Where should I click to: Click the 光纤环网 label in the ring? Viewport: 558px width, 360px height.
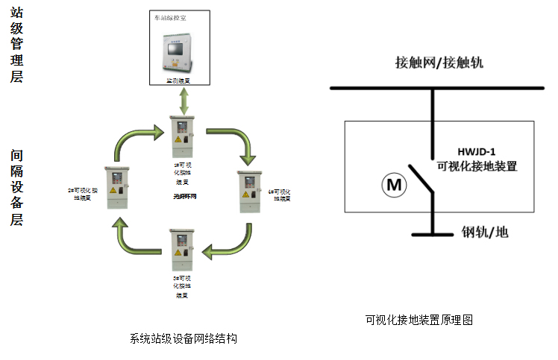point(183,196)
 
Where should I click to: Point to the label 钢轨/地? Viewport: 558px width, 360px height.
point(485,233)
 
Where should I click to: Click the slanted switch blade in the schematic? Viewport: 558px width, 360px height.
point(421,177)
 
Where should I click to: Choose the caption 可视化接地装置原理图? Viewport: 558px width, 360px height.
point(419,320)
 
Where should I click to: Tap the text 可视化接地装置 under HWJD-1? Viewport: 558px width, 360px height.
point(477,166)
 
